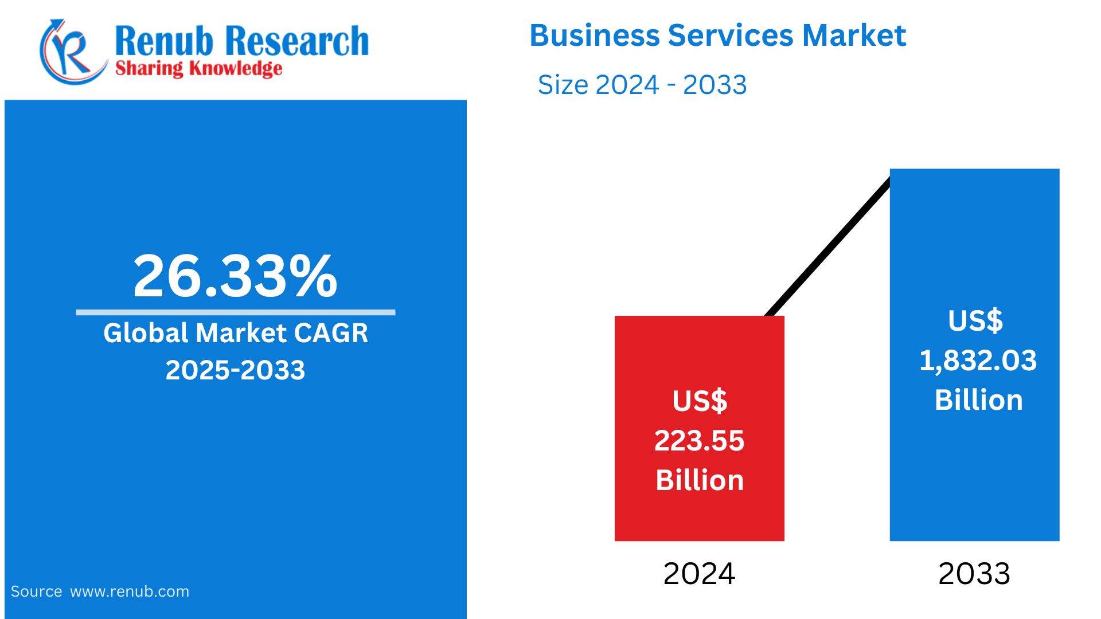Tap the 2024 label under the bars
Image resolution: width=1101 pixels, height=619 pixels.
[x=699, y=574]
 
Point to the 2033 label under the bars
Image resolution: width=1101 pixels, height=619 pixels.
[x=974, y=574]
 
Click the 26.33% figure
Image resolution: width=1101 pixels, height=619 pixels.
[x=235, y=276]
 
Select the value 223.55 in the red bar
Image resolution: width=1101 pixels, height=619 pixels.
[x=699, y=441]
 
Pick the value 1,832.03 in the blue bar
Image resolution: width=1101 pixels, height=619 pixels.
[x=978, y=361]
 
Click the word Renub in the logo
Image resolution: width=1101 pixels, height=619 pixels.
[x=164, y=41]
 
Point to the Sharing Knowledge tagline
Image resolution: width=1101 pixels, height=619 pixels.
[x=198, y=69]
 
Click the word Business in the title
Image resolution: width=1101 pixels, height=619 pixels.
[x=594, y=36]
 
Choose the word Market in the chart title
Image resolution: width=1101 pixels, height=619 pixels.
[x=854, y=36]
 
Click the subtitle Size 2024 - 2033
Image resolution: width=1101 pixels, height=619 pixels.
[x=642, y=85]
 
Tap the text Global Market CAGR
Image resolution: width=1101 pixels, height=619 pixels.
[x=235, y=333]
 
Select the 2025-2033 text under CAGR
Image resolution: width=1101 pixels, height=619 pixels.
[x=235, y=370]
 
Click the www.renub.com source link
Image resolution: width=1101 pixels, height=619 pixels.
[x=130, y=591]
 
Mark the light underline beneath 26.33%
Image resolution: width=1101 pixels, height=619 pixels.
[x=235, y=312]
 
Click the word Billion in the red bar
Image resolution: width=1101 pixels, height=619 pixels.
[x=700, y=480]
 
